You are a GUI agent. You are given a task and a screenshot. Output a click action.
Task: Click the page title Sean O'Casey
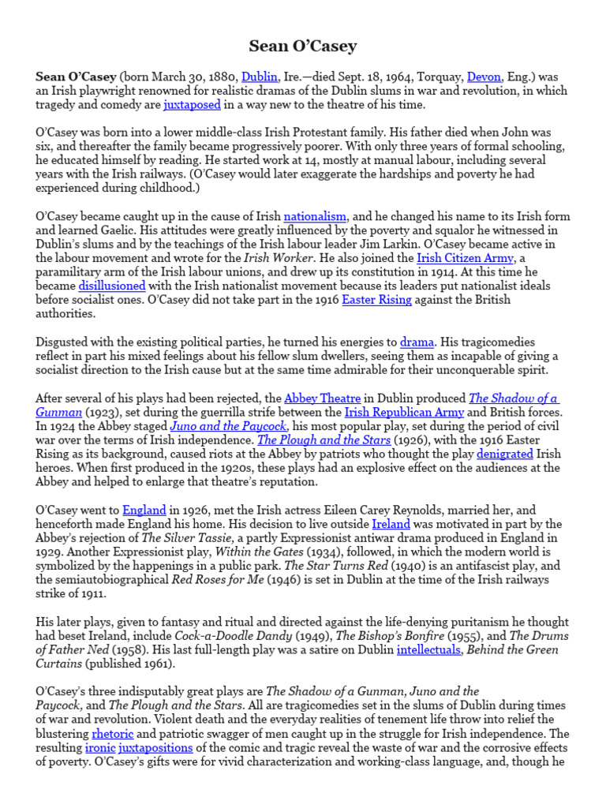click(x=303, y=46)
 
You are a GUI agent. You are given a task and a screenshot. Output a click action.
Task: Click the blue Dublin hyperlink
click(x=259, y=77)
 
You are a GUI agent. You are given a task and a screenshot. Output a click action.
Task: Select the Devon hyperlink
click(x=484, y=77)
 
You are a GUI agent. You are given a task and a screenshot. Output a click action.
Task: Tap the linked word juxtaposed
click(x=192, y=105)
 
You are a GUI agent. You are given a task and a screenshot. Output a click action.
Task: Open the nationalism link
click(x=315, y=216)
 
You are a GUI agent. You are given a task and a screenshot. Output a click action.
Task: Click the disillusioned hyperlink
click(x=111, y=286)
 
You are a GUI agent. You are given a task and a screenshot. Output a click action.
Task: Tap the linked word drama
click(x=417, y=342)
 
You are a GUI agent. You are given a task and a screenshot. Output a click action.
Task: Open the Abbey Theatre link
click(x=322, y=398)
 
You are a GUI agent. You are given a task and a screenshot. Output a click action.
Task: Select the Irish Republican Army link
click(x=398, y=412)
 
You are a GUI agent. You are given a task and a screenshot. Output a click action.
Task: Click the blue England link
click(x=143, y=511)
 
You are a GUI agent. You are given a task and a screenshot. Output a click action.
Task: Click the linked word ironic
click(x=102, y=748)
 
